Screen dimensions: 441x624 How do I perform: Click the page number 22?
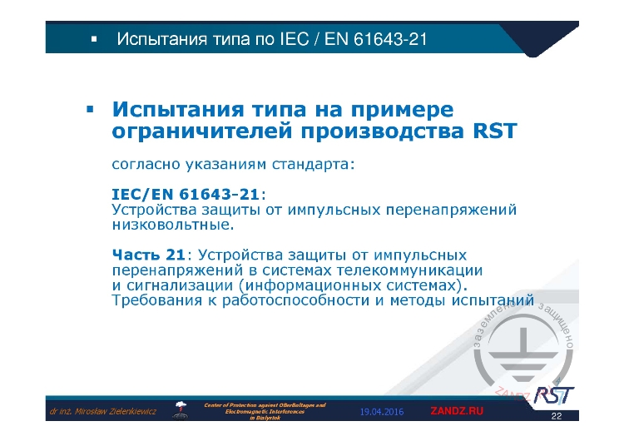557,415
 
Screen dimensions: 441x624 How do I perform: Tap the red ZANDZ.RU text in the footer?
456,411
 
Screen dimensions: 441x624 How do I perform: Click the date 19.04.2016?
382,411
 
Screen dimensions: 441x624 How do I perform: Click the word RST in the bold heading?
494,131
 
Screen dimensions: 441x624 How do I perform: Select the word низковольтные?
173,224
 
